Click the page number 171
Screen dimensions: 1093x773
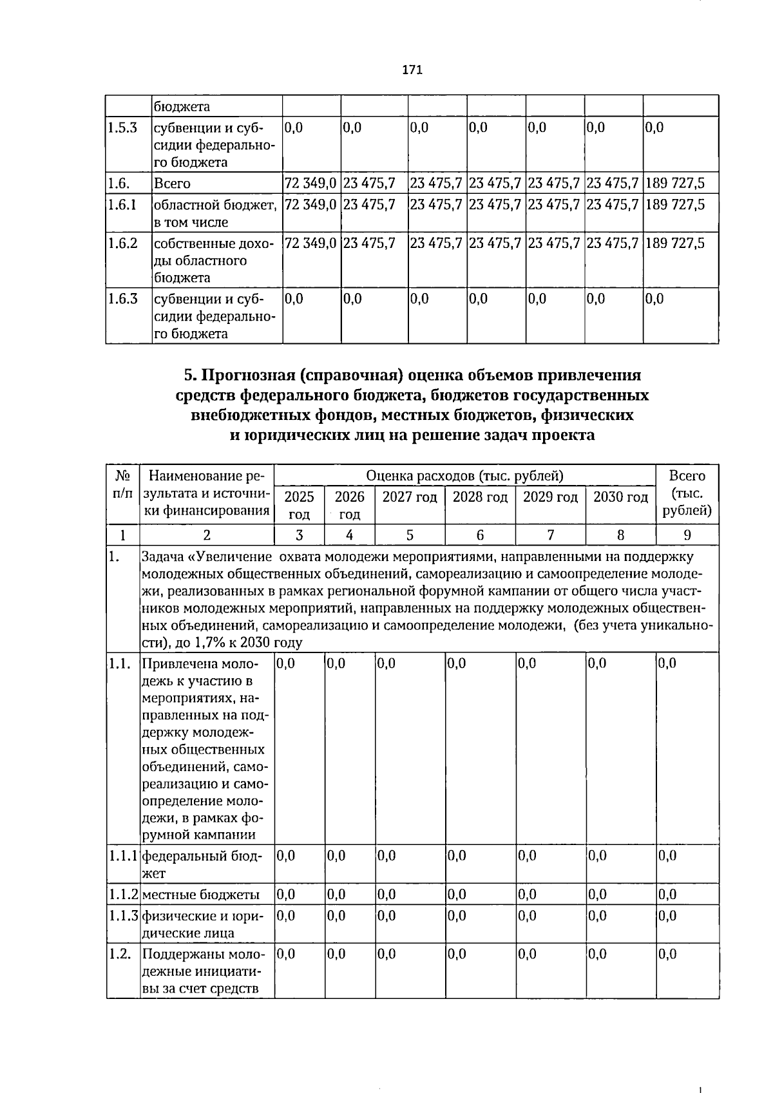tap(412, 70)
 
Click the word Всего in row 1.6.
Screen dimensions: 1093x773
tap(172, 184)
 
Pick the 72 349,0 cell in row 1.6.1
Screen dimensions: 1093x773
tap(310, 205)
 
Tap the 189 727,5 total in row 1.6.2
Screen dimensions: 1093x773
tap(674, 243)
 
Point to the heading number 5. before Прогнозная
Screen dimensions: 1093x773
tap(189, 375)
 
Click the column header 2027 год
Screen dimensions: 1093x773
tap(409, 497)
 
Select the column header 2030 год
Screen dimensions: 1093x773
tap(620, 497)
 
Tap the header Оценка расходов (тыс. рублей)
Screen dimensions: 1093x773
tap(464, 476)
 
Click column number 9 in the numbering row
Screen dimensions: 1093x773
tap(687, 535)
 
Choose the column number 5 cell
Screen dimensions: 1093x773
tap(409, 535)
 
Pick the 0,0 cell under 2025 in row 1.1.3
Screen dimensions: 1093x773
tap(286, 915)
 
